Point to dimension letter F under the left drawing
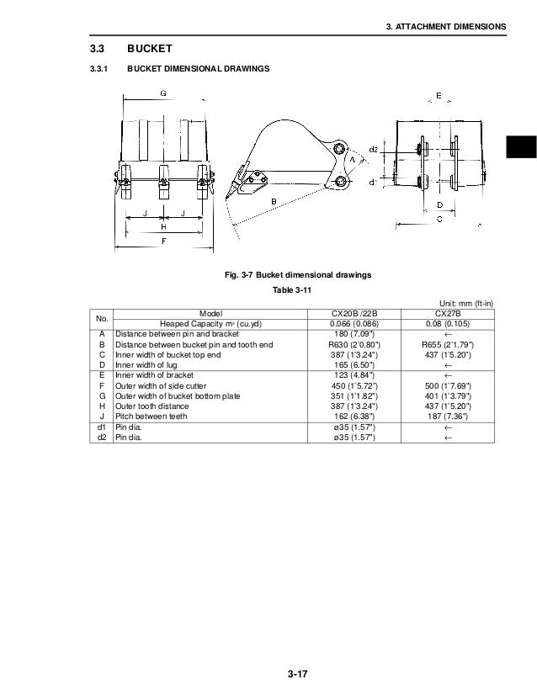click(x=162, y=241)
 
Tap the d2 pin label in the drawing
click(x=373, y=149)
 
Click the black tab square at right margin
click(x=522, y=146)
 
